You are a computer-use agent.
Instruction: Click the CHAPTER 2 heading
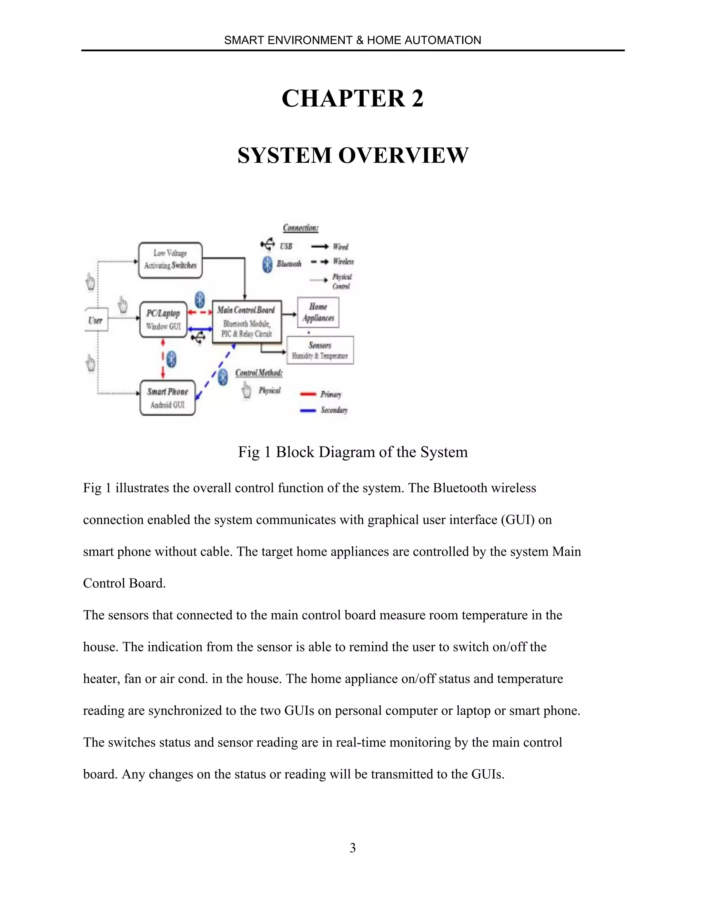coord(353,99)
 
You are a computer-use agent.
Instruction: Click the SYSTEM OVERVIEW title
coord(353,155)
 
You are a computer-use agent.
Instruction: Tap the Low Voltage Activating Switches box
coord(170,260)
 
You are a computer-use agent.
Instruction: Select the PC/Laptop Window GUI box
coord(163,319)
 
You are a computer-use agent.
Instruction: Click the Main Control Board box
coord(246,321)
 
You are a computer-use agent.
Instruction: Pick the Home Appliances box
coord(318,312)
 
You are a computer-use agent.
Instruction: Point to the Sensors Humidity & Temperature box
coord(320,350)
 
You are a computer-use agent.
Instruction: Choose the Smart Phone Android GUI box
coord(167,398)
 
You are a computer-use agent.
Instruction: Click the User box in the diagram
coord(96,320)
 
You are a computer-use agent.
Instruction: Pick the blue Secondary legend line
coord(308,411)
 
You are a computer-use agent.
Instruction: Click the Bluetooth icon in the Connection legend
coord(267,264)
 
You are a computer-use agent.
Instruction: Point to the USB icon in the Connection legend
coord(268,244)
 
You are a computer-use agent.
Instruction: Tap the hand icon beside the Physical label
coord(247,391)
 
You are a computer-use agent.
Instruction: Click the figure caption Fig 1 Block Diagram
coord(353,452)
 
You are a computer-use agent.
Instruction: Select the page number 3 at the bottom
coord(353,848)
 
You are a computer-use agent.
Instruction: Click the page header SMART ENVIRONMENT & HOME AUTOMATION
coord(353,40)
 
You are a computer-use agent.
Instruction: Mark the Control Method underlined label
coord(259,373)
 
